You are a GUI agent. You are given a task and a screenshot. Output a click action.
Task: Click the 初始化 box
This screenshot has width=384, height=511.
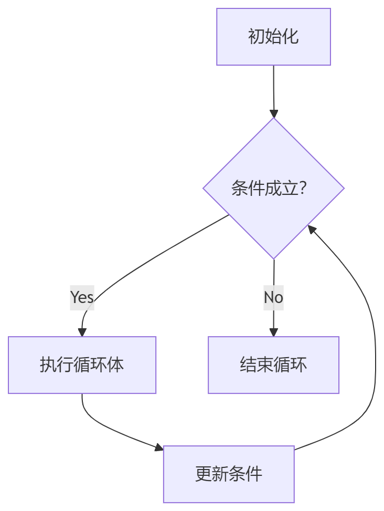[x=273, y=37]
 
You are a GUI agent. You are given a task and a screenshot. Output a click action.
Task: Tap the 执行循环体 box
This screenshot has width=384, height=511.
[x=82, y=365]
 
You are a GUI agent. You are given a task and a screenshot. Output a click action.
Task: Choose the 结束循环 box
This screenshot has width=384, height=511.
[x=273, y=365]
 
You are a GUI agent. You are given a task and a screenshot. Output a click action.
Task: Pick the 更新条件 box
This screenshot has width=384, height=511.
[x=229, y=474]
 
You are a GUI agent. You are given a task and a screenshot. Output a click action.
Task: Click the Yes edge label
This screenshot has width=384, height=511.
[x=82, y=297]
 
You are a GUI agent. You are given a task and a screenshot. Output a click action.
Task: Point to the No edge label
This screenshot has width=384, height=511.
[x=273, y=297]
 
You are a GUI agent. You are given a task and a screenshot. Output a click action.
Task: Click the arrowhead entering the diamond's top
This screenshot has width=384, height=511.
[x=273, y=113]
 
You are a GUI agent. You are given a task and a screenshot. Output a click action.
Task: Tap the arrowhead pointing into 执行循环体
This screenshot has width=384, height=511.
[x=82, y=332]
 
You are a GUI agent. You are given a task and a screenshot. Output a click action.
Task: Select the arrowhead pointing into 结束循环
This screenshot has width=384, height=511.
[x=273, y=332]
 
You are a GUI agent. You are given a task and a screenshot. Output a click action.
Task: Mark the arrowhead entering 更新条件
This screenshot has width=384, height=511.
[x=158, y=447]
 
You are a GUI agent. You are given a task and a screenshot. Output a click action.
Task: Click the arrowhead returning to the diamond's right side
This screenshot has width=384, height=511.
[x=312, y=229]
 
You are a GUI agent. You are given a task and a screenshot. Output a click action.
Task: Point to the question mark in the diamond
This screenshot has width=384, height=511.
[x=302, y=188]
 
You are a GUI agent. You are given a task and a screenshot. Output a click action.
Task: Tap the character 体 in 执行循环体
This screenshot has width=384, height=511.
[x=115, y=365]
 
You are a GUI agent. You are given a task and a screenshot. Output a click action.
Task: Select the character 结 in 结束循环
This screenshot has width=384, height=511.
[x=248, y=365]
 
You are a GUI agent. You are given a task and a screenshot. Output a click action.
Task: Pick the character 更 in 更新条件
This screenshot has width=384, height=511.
[x=204, y=474]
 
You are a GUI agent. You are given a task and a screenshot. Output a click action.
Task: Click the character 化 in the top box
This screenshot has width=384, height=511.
[x=290, y=37]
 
